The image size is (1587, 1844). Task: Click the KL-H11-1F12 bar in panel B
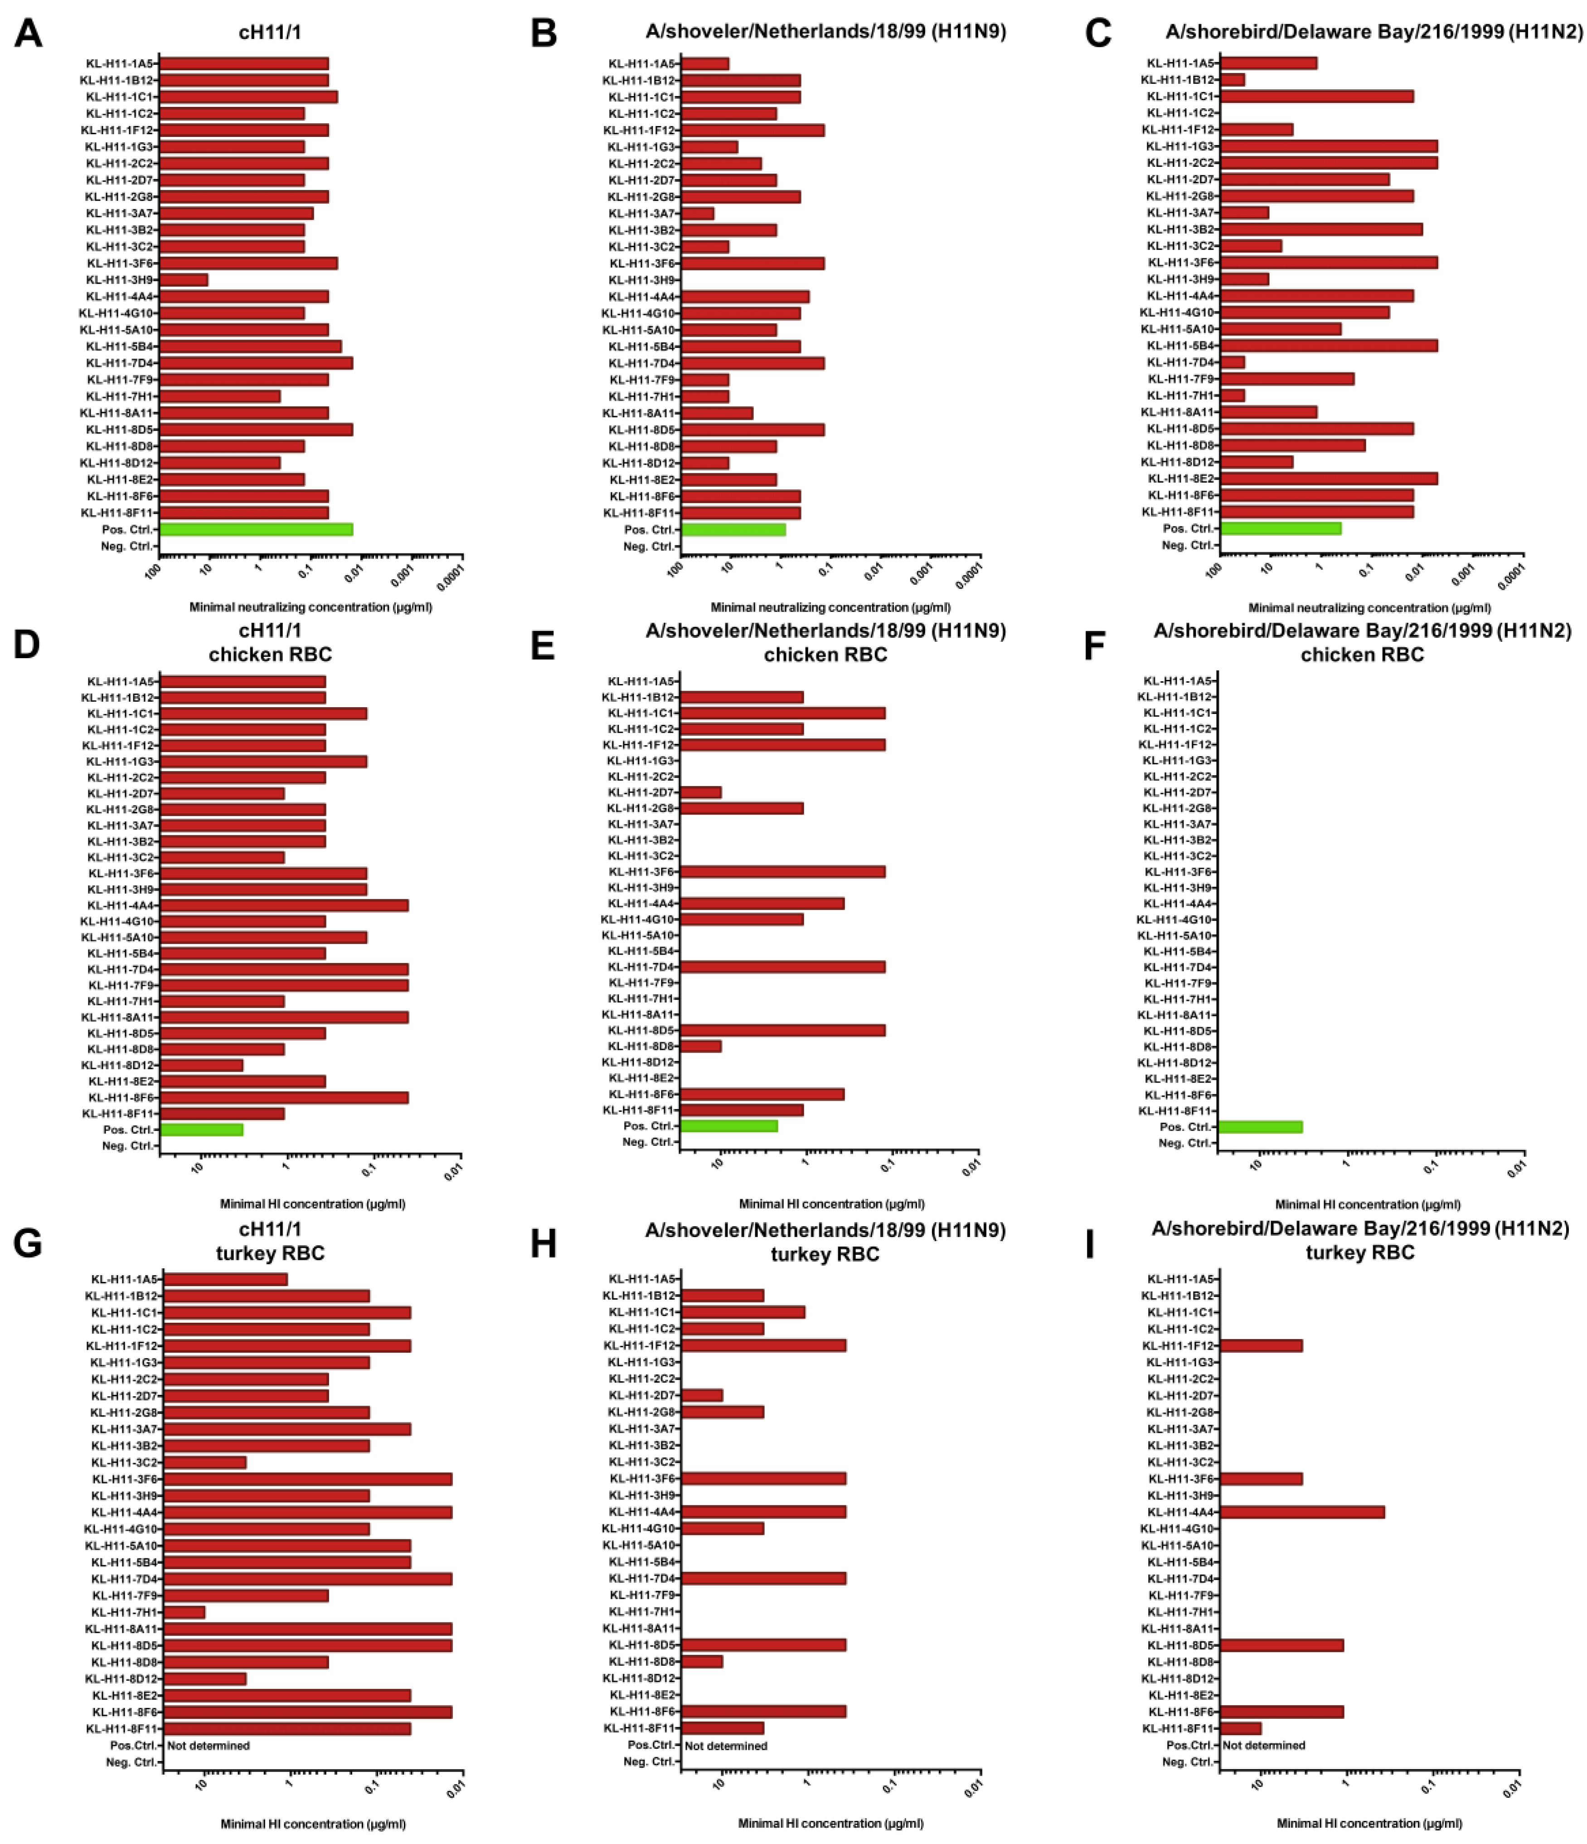[752, 130]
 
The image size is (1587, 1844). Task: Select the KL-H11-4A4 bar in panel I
[1301, 1512]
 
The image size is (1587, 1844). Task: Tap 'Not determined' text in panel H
[725, 1745]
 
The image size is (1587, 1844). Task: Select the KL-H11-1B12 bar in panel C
[1232, 79]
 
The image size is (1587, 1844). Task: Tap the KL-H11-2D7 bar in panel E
[700, 792]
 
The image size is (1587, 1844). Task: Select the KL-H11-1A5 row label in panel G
[124, 1279]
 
